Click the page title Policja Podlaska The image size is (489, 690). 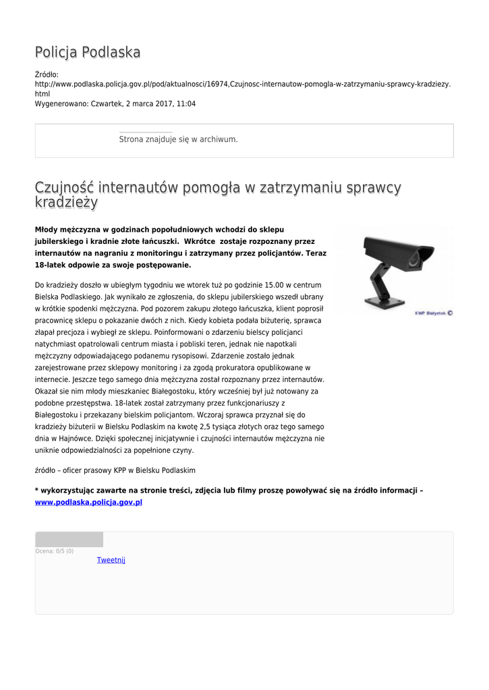coord(88,53)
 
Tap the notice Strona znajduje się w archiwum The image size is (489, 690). coord(178,139)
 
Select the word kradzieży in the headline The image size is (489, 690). coord(66,203)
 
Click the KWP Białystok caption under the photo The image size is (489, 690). coord(433,313)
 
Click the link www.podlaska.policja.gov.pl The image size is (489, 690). coord(88,502)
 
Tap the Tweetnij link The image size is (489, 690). coord(111,560)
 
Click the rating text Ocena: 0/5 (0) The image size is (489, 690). coord(55,551)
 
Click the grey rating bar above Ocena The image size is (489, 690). coord(69,539)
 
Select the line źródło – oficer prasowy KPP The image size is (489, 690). coord(115,470)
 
